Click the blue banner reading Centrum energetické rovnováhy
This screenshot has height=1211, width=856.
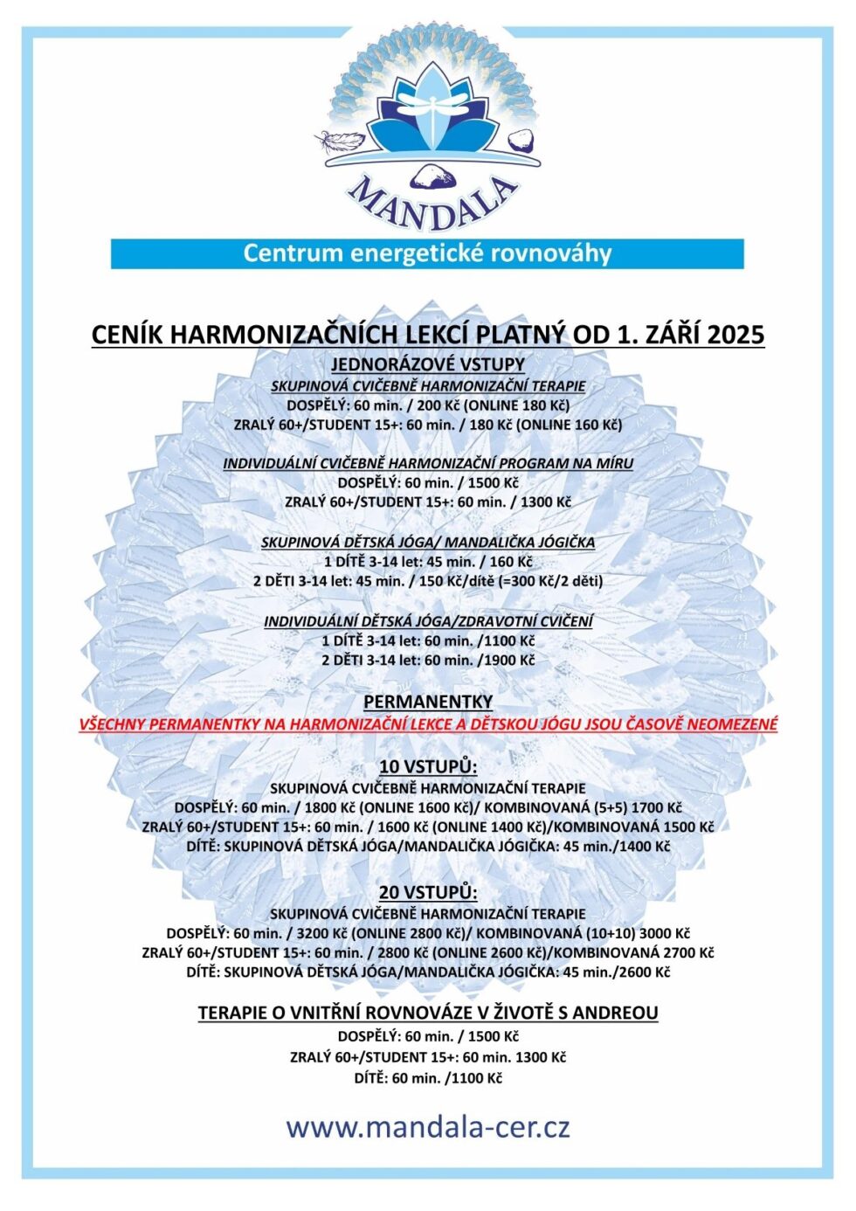[x=427, y=253]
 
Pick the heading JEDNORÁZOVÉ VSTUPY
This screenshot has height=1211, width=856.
[x=428, y=364]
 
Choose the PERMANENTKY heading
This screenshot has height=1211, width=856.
[x=428, y=702]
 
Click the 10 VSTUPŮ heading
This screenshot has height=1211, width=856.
[x=428, y=766]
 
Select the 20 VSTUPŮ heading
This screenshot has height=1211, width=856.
[x=428, y=892]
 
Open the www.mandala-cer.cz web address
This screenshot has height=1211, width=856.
[x=428, y=1127]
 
